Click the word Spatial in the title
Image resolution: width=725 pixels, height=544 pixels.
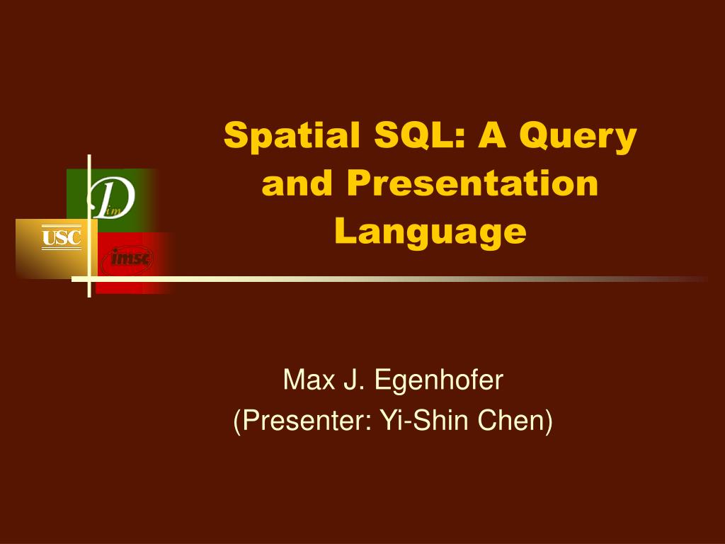[292, 136]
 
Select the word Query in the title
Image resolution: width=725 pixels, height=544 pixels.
[578, 137]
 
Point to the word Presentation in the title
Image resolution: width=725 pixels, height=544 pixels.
[472, 183]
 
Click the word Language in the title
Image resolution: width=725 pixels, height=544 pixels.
[430, 232]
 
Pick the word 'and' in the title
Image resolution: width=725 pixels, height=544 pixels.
[297, 183]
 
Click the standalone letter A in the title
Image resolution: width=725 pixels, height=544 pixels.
[492, 135]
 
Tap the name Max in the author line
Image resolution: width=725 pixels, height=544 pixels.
[309, 380]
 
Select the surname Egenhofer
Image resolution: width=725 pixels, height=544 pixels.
[438, 380]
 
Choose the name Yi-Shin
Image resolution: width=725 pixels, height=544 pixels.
[424, 420]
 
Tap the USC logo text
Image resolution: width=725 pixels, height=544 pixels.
[62, 238]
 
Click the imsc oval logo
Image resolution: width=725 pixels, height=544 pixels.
[127, 259]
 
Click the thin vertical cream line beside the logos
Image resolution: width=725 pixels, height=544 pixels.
[89, 226]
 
